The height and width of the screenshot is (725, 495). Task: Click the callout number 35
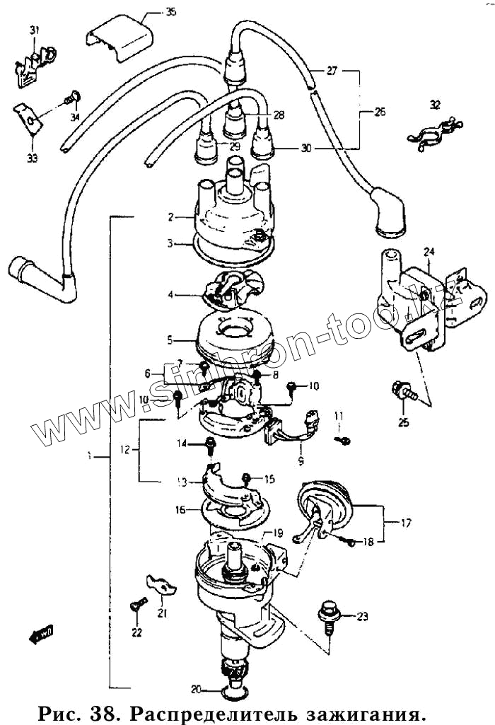(171, 12)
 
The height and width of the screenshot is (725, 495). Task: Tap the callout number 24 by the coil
(429, 252)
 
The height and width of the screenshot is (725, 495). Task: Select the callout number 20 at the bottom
(196, 688)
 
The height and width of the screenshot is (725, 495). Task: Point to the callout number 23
(362, 617)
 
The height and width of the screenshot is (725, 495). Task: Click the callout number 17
(406, 524)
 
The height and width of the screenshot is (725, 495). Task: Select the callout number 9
(301, 461)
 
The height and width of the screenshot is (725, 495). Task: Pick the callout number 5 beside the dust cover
(170, 340)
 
